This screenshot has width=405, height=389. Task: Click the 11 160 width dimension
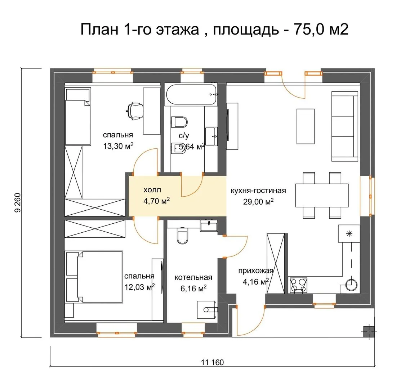pos(212,362)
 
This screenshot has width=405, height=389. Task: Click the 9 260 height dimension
pos(18,203)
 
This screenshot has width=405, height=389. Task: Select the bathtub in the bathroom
pos(191,94)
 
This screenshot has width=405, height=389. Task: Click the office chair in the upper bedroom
pos(134,111)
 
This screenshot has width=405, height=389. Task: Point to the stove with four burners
pos(298,285)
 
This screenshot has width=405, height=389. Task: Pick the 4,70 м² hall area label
pos(156,201)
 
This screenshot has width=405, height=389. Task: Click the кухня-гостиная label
pos(258,191)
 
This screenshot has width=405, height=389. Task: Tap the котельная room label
pos(193,277)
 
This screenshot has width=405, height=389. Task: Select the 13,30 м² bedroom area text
pos(118,146)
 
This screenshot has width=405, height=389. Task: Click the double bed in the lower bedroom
pos(94,277)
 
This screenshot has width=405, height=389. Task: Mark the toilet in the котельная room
pos(182,236)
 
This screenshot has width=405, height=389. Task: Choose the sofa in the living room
pos(344,126)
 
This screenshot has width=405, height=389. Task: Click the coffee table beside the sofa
pos(306,126)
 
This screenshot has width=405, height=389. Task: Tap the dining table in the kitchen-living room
pos(322,195)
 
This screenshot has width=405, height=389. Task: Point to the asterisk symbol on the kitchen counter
pos(349,234)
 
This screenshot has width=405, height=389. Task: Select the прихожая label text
pos(256,271)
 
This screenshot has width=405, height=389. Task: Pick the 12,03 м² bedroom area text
pos(140,287)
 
